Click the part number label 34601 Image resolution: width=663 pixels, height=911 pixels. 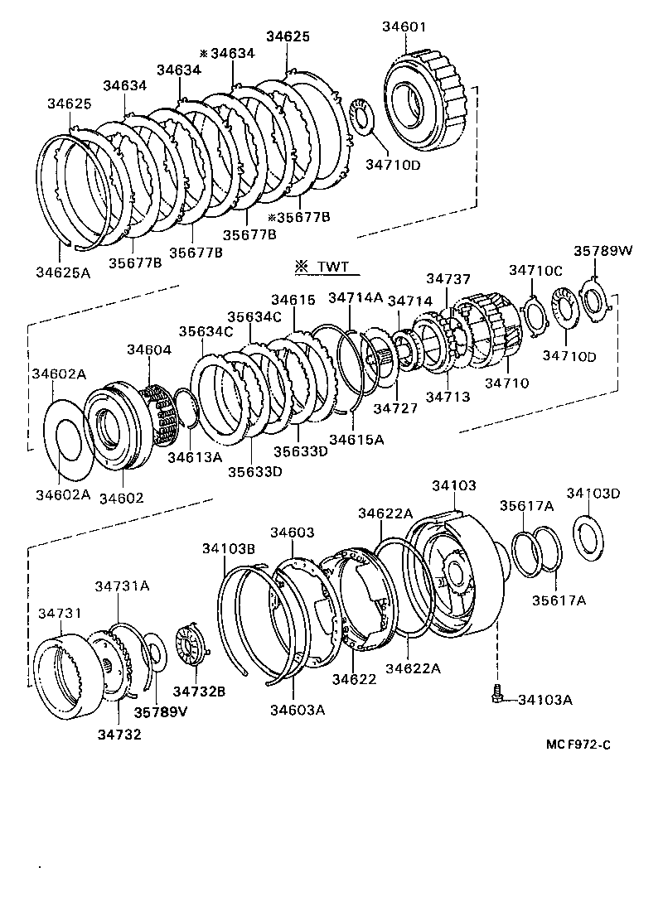tap(404, 27)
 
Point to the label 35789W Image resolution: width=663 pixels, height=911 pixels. tap(601, 251)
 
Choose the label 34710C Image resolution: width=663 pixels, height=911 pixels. tap(535, 270)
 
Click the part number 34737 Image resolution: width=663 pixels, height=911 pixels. tap(448, 279)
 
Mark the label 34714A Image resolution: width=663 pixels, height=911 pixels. tap(356, 297)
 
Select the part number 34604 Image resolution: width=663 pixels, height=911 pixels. tap(149, 349)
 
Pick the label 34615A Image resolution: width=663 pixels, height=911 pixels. tap(356, 440)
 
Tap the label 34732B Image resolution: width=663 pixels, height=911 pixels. tap(199, 690)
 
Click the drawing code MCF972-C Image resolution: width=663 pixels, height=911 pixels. tap(578, 745)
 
